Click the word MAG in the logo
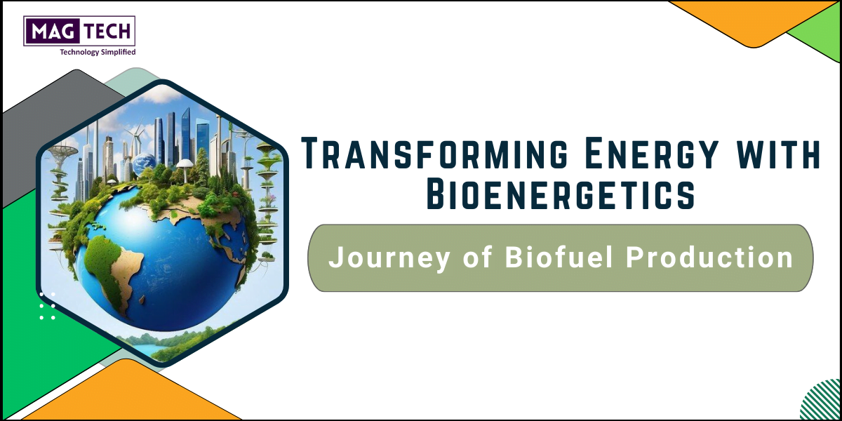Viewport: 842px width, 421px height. [x=52, y=31]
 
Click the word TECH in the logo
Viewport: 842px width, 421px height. [x=107, y=31]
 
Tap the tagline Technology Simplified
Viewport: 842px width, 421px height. [x=98, y=52]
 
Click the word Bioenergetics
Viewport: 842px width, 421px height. [x=561, y=194]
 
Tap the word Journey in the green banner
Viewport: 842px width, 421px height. [x=389, y=259]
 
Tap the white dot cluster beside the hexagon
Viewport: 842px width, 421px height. [x=48, y=306]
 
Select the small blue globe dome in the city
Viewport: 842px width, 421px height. [x=145, y=161]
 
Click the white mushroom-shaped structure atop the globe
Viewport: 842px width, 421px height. [x=185, y=166]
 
